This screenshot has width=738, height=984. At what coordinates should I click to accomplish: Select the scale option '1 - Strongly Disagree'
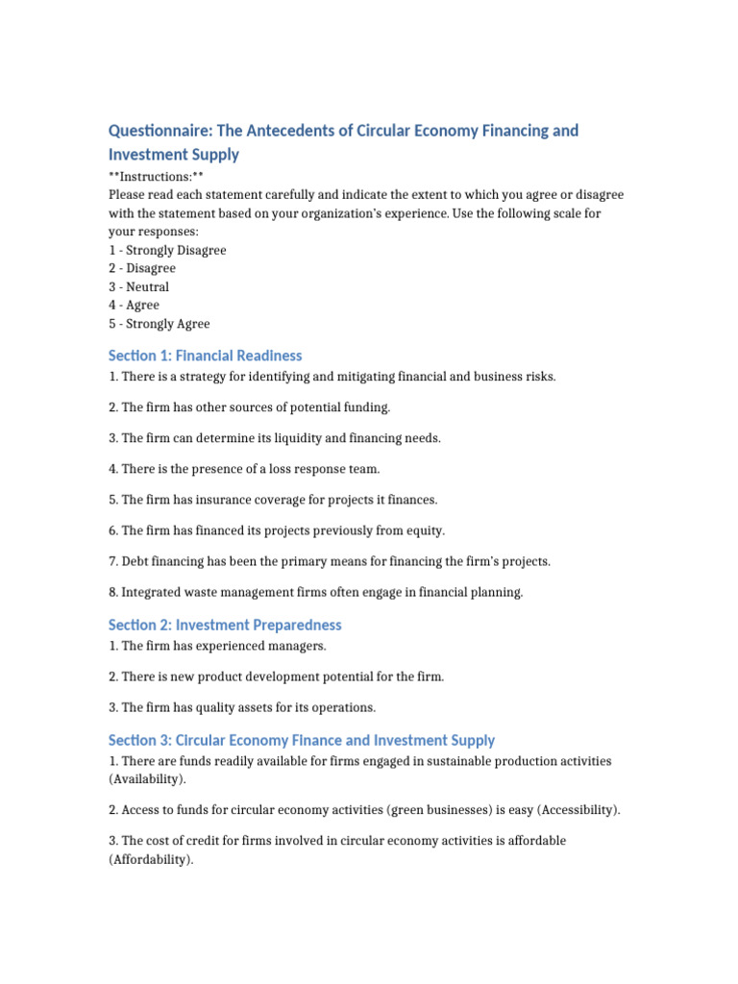167,250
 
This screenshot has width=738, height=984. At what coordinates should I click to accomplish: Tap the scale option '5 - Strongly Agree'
159,324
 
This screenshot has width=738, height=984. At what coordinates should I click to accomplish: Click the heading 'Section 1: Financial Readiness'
205,356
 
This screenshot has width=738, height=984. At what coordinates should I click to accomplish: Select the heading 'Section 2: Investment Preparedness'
225,625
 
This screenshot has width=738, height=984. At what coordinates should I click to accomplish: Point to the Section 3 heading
302,740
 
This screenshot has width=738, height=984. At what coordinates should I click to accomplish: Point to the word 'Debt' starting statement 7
135,561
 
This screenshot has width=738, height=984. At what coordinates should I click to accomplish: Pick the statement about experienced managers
217,646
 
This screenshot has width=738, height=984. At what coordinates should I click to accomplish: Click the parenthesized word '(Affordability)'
151,860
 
